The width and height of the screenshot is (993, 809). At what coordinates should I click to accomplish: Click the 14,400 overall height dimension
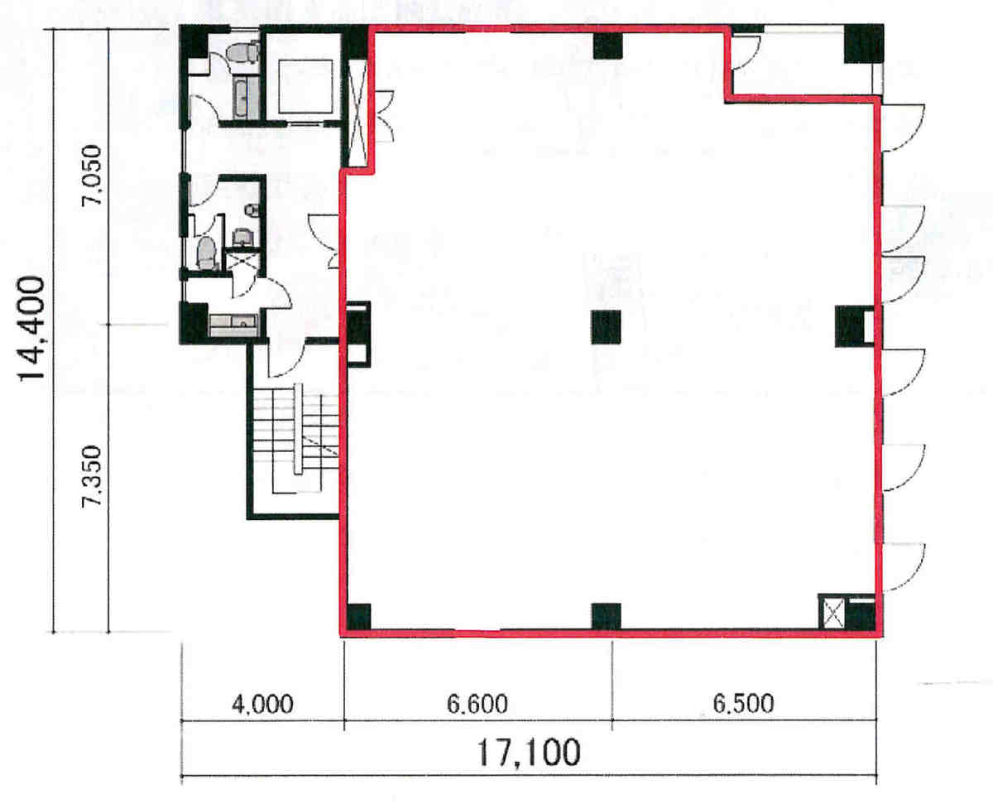click(31, 330)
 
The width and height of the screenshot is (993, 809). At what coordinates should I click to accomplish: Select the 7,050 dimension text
click(91, 175)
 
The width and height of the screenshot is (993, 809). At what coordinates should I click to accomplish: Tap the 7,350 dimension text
click(91, 477)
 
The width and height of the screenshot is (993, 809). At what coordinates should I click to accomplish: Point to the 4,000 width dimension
click(262, 704)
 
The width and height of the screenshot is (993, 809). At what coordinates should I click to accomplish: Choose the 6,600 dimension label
click(477, 704)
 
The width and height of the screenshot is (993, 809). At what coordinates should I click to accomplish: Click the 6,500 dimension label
click(743, 704)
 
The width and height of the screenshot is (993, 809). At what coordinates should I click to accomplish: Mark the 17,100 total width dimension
click(529, 753)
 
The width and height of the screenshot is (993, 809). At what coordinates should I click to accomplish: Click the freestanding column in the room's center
click(606, 327)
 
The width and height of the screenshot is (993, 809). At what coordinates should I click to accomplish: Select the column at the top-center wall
click(608, 46)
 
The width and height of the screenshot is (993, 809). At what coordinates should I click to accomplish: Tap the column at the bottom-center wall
click(606, 616)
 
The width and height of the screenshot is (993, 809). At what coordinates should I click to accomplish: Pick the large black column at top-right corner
click(864, 43)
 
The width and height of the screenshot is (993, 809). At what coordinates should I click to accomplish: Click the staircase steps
click(296, 438)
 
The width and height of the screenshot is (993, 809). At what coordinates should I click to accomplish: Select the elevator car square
click(306, 86)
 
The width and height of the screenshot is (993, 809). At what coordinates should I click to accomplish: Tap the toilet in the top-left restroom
click(242, 52)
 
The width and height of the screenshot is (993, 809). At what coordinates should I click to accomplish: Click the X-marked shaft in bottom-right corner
click(833, 613)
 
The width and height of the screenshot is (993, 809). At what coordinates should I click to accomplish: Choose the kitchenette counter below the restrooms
click(233, 325)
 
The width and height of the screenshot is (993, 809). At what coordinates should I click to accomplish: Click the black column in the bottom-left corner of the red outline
click(359, 617)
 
